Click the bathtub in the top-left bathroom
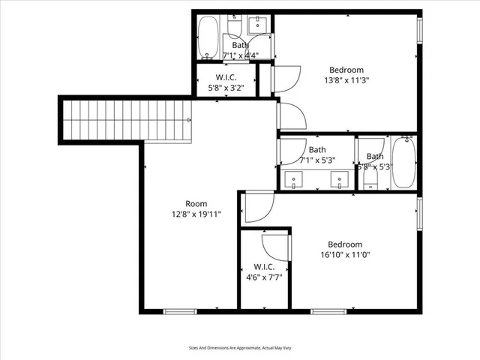click(x=208, y=37)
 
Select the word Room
click(x=196, y=203)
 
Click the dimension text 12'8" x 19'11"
click(x=196, y=214)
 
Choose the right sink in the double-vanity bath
click(x=341, y=180)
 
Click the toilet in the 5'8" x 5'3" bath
click(x=368, y=180)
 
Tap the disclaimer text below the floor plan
click(x=239, y=348)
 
